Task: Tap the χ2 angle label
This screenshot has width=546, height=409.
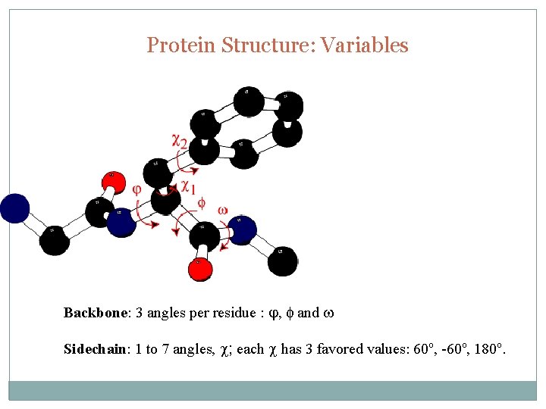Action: click(x=180, y=140)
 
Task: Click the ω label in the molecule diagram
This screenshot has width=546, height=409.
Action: click(x=222, y=209)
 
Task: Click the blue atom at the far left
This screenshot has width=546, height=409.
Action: click(x=14, y=208)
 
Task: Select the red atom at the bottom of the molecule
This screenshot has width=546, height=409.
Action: click(x=199, y=269)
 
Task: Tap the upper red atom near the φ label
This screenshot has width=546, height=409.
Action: click(x=113, y=182)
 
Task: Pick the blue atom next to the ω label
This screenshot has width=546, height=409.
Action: click(x=241, y=229)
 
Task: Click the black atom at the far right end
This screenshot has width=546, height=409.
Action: click(x=282, y=260)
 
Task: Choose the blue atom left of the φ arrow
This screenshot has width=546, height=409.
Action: click(x=121, y=222)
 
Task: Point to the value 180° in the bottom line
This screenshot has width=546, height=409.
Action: click(x=488, y=349)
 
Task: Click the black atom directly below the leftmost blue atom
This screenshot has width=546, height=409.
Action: click(x=54, y=241)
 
